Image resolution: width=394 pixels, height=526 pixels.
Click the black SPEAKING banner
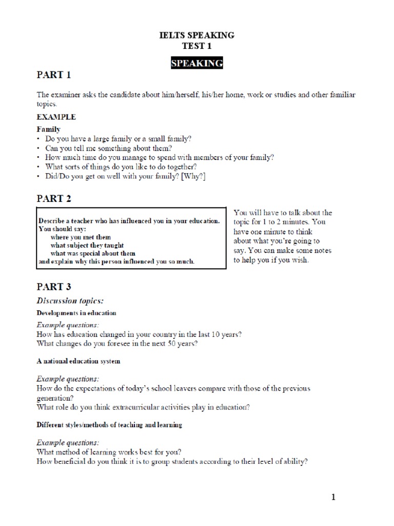point(197,64)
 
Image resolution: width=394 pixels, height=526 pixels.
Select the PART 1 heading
point(54,75)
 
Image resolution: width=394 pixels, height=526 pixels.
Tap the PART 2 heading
point(54,198)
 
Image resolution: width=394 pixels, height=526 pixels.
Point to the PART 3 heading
point(54,287)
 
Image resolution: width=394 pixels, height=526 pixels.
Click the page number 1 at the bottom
point(333,497)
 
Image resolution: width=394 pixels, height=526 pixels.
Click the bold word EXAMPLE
point(56,117)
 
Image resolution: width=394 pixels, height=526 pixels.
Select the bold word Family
point(48,129)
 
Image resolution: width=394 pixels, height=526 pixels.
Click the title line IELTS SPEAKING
point(197,35)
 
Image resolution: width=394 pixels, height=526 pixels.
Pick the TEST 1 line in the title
point(197,46)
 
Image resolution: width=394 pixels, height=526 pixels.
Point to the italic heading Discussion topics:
point(73,300)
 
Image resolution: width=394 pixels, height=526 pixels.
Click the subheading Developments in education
point(76,313)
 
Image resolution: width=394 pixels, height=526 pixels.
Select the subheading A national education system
point(78,361)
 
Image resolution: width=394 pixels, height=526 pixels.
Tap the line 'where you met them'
point(81,237)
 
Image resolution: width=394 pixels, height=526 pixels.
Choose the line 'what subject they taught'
point(87,245)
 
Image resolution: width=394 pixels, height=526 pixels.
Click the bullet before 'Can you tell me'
point(38,148)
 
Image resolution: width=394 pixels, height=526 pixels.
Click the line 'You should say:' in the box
point(63,229)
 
